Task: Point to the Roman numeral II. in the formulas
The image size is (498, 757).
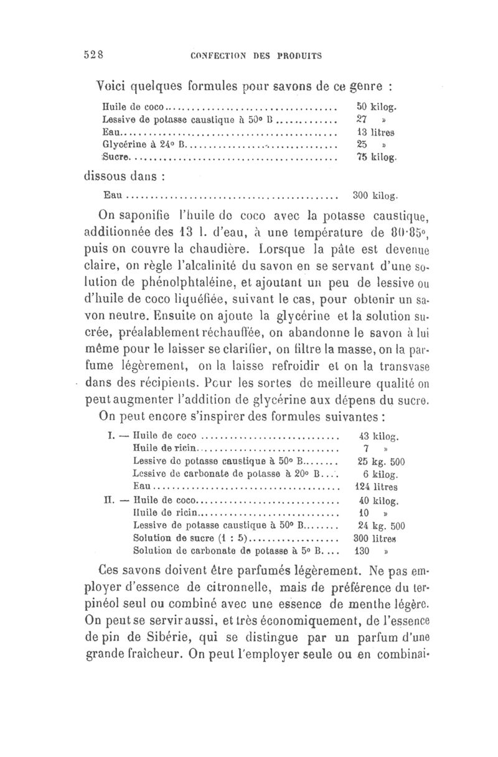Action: point(108,499)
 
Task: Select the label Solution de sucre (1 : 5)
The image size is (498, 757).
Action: point(190,537)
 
